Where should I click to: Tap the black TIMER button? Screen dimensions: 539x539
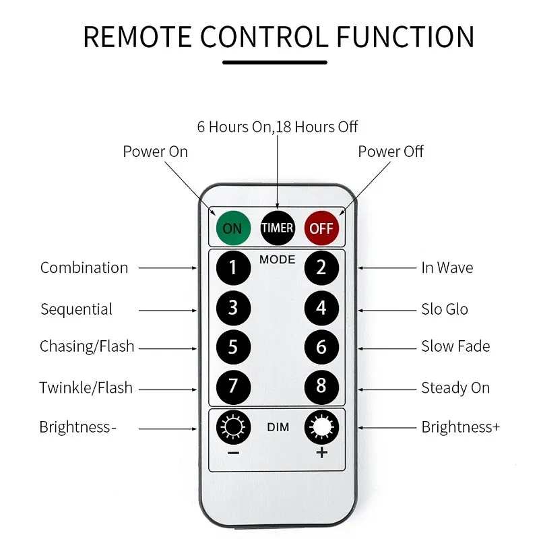coord(278,228)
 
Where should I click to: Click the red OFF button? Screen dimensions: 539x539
coord(321,228)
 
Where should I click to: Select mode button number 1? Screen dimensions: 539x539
coord(233,267)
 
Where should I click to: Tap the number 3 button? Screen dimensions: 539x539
coord(233,307)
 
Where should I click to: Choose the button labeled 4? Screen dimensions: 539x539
coord(321,307)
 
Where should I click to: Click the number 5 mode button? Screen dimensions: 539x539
coord(233,346)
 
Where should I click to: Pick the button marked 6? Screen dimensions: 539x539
coord(321,346)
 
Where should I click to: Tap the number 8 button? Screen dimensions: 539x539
coord(321,386)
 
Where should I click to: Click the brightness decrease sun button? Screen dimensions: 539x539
coord(233,426)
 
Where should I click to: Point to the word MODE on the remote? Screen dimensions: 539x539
coord(277,259)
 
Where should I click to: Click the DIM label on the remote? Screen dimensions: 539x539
coord(278,427)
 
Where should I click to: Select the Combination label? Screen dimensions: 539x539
coord(84,267)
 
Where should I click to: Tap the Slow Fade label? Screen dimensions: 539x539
coord(455,346)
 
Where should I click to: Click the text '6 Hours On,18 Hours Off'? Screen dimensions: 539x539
coord(278,127)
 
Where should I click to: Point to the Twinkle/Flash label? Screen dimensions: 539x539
coord(86,387)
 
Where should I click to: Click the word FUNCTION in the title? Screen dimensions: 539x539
coord(406,37)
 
